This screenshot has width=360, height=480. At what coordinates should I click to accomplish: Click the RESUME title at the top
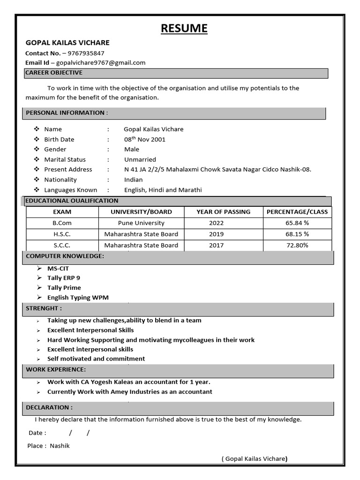click(184, 29)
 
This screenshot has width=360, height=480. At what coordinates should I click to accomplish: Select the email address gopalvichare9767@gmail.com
click(101, 62)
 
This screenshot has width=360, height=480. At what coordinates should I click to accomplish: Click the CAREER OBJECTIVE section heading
click(54, 73)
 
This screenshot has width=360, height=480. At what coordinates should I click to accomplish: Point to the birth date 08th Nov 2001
click(144, 139)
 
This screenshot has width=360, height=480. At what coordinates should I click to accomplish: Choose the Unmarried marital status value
click(140, 159)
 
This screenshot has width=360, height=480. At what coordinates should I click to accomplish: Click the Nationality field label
click(60, 180)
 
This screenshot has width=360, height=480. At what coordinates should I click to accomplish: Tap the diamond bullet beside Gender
click(37, 149)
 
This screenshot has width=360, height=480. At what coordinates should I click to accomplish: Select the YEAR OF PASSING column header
click(223, 212)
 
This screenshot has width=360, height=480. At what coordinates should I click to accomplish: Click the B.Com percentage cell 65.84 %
click(297, 223)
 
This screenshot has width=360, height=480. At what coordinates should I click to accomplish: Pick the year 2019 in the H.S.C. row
click(217, 234)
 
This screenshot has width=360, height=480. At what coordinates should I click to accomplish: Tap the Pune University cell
click(141, 223)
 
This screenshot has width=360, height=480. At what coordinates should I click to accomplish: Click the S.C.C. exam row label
click(62, 245)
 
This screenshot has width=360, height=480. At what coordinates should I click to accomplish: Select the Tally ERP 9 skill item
click(64, 278)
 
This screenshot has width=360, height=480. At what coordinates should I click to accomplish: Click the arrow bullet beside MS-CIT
click(39, 269)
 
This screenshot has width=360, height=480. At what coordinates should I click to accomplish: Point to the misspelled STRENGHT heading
click(44, 308)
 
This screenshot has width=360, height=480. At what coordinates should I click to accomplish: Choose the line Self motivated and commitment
click(96, 359)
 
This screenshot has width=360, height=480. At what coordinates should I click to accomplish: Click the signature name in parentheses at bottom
click(255, 459)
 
